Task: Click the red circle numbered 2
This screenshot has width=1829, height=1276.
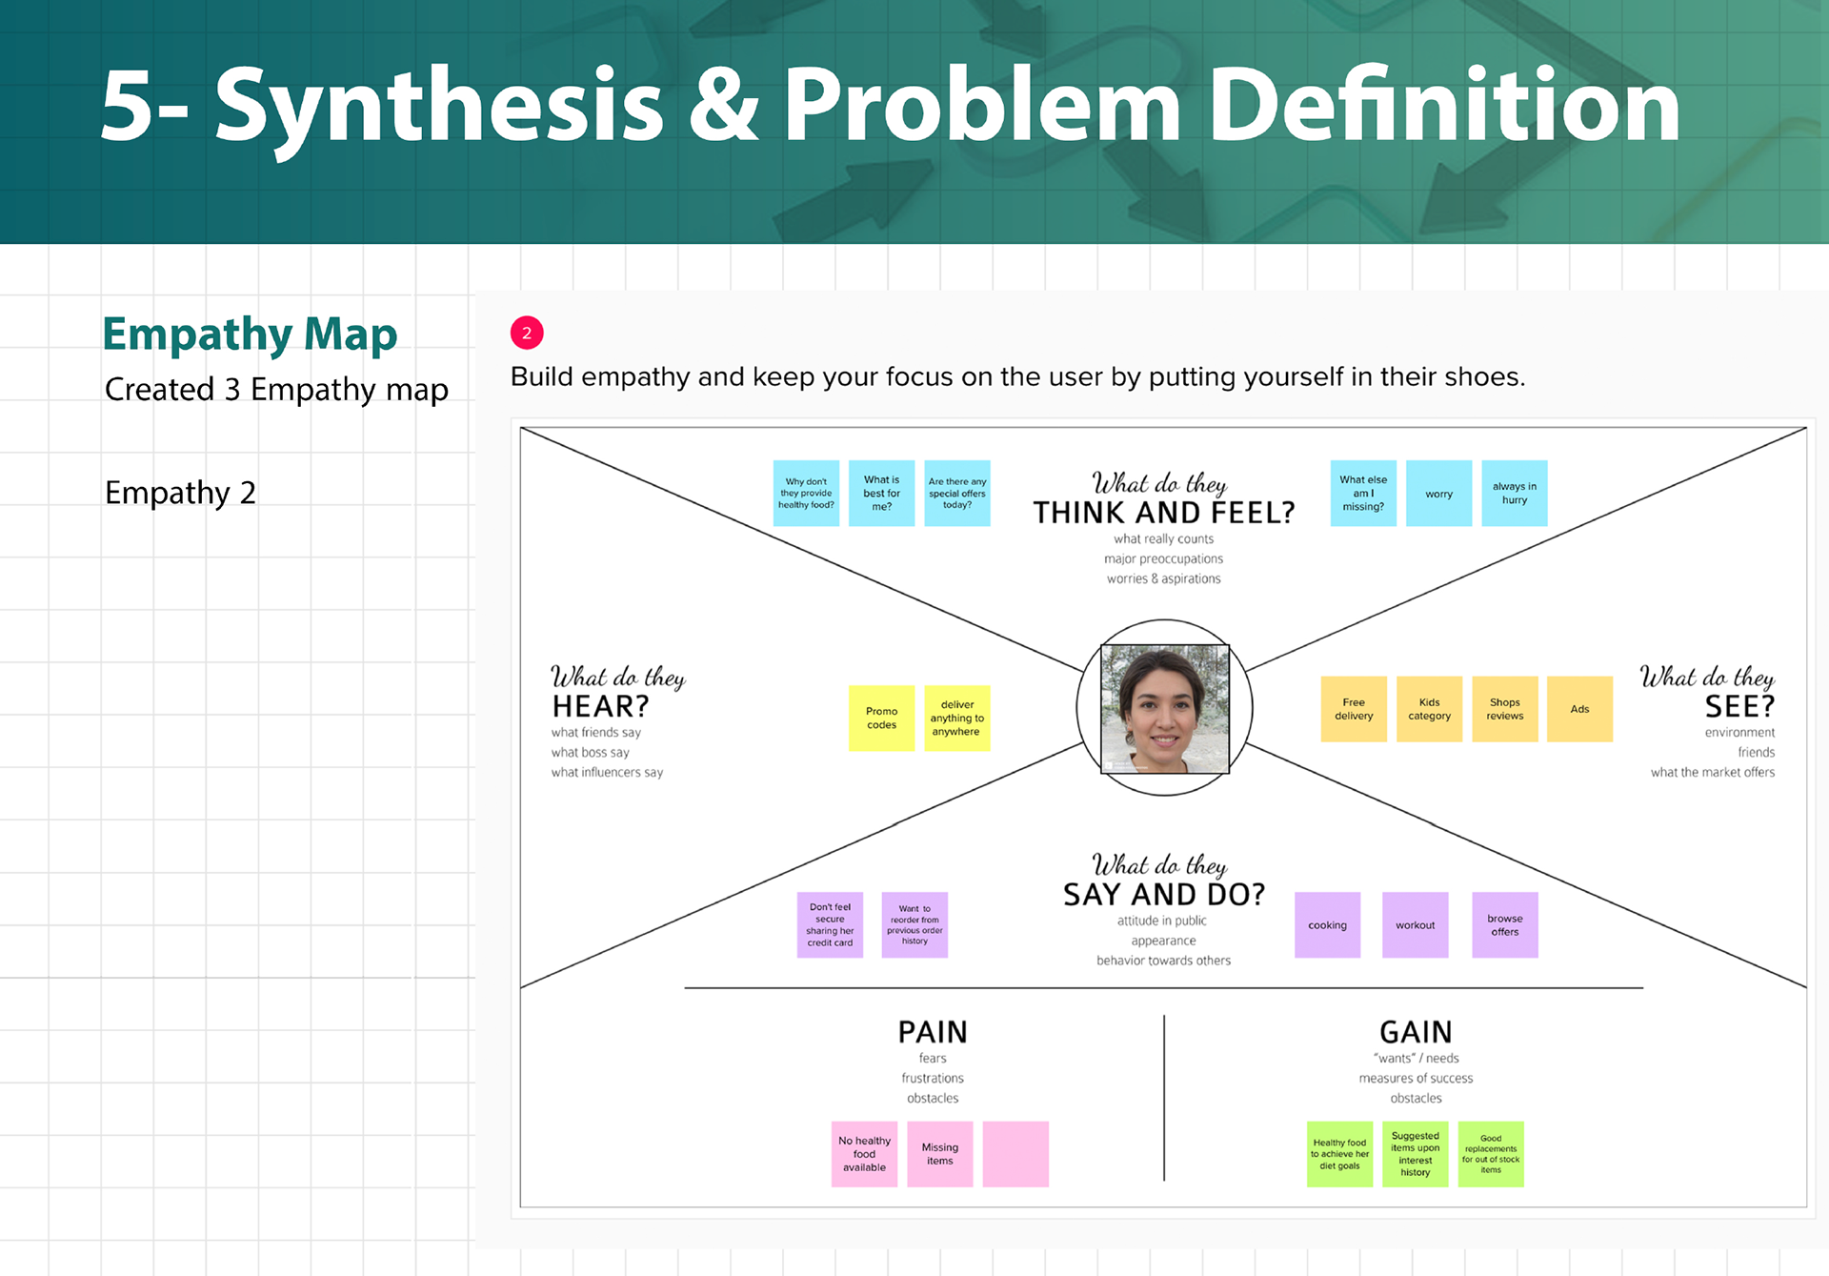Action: point(527,333)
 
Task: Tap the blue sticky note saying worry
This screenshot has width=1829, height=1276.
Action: point(1438,494)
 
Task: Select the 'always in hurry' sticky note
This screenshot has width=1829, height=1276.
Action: point(1514,494)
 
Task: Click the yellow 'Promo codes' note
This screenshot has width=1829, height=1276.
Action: point(881,719)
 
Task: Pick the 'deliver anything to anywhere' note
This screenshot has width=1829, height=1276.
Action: point(956,719)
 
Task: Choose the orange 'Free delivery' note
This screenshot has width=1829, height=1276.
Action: point(1354,709)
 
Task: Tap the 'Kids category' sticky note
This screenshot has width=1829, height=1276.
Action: point(1429,709)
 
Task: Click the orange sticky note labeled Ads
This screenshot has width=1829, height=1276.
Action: point(1579,709)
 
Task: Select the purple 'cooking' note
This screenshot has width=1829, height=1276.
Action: point(1327,925)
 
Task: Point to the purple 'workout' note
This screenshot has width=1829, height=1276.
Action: point(1415,925)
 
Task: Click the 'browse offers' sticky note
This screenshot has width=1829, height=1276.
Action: point(1504,925)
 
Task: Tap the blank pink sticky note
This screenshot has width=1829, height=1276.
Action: point(1015,1154)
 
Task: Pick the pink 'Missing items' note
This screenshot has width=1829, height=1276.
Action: point(939,1154)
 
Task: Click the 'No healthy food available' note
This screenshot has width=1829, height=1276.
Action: point(864,1154)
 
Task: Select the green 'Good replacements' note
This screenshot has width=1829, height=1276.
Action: point(1491,1154)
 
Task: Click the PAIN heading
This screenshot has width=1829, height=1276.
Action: point(933,1032)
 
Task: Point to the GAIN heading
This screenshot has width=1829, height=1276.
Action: point(1416,1032)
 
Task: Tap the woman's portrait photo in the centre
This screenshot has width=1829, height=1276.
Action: point(1164,708)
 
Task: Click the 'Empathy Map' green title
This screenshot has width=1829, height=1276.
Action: point(250,334)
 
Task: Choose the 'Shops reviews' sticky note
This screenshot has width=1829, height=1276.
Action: point(1504,709)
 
